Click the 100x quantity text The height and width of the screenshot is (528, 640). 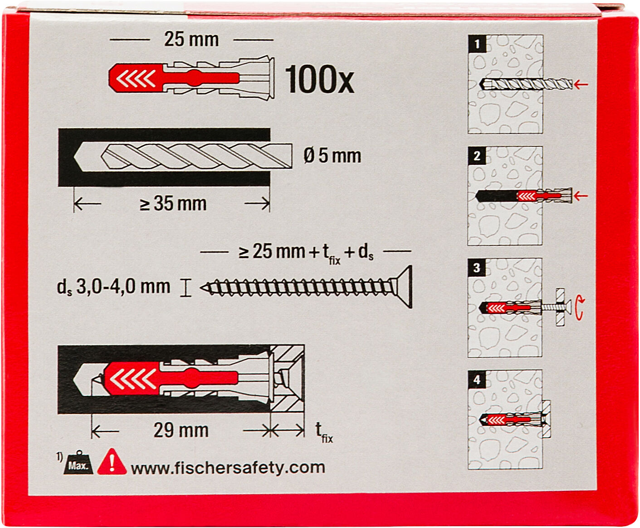320,79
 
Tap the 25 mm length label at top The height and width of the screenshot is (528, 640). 191,39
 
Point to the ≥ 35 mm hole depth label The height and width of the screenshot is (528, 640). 173,203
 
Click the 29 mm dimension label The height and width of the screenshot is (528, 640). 181,430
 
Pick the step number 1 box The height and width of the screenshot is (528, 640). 477,44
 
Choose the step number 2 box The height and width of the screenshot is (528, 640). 477,155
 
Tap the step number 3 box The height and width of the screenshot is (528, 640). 477,267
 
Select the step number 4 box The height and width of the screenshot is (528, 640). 477,379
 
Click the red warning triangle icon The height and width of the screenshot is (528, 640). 112,462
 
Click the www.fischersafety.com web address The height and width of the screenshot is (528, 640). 228,468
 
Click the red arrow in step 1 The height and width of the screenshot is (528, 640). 581,84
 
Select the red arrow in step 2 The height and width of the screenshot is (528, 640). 581,196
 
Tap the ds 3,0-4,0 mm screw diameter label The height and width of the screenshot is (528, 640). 113,287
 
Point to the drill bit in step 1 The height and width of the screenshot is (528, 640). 526,84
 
